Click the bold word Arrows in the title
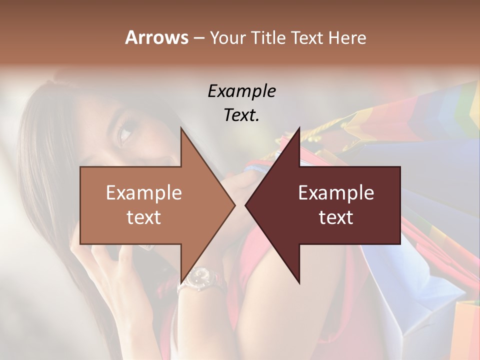(156, 37)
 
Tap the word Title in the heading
(268, 38)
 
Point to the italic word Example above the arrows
(241, 91)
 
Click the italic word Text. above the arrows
(241, 115)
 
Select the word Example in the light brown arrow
(144, 192)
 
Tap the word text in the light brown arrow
(144, 217)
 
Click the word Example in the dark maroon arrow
(336, 192)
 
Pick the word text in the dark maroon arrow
(336, 217)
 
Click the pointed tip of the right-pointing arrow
(234, 205)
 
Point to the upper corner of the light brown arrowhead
(181, 128)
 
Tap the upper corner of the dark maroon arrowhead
(299, 128)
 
